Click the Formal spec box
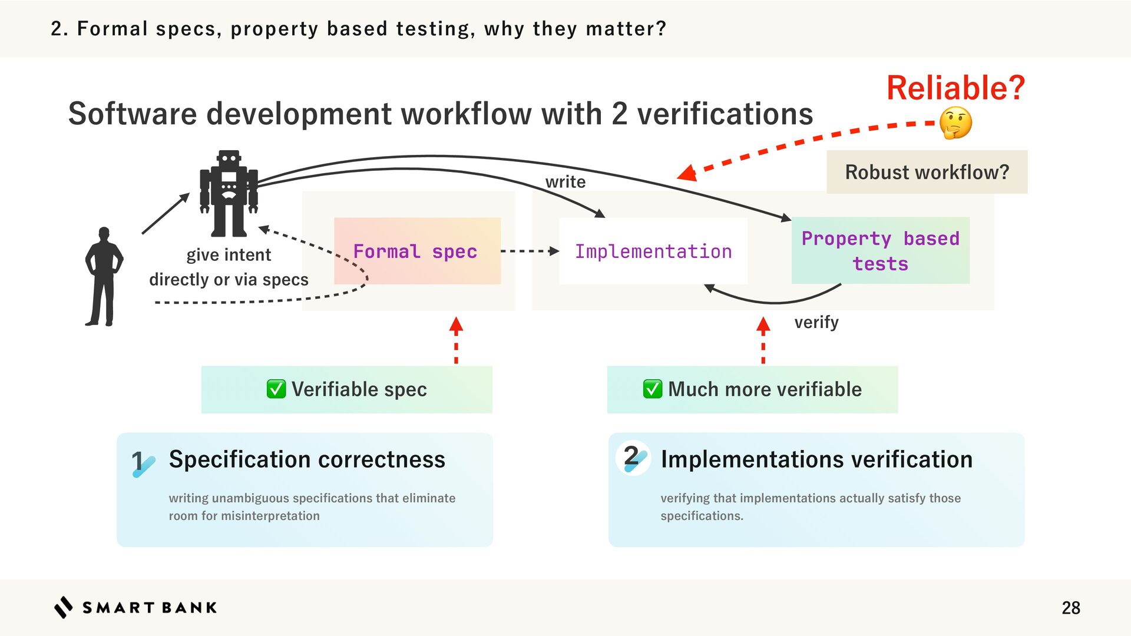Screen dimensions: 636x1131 417,251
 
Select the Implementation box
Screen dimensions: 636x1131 653,251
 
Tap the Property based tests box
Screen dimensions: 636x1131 880,251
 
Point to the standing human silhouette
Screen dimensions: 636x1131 104,277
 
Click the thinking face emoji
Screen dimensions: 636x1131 955,123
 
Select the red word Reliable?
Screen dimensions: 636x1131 955,88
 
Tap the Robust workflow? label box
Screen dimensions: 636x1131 927,172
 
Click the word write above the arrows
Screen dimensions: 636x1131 565,182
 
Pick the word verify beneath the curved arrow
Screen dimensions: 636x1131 816,322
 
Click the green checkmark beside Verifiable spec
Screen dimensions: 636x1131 276,389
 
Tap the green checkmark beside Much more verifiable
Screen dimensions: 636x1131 652,389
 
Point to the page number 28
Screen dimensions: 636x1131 1070,608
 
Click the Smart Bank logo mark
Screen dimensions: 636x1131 64,607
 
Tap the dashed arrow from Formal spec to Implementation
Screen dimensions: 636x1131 529,251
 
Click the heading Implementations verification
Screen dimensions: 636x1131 816,459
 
